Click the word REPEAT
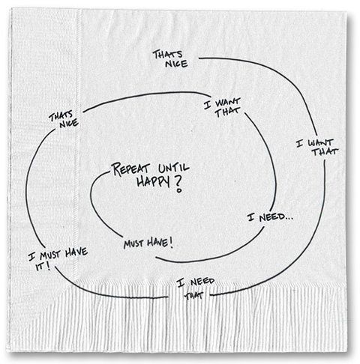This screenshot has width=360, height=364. pyautogui.click(x=131, y=169)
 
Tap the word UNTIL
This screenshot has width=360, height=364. pyautogui.click(x=174, y=168)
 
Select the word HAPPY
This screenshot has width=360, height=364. pyautogui.click(x=153, y=181)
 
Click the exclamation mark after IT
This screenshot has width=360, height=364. pyautogui.click(x=49, y=267)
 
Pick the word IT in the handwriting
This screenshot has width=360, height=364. pyautogui.click(x=40, y=267)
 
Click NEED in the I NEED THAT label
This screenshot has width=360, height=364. pyautogui.click(x=202, y=282)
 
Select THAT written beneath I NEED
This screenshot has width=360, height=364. pyautogui.click(x=193, y=296)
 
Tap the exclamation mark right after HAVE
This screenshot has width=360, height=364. pyautogui.click(x=171, y=243)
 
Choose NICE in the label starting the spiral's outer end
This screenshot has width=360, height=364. pyautogui.click(x=176, y=64)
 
